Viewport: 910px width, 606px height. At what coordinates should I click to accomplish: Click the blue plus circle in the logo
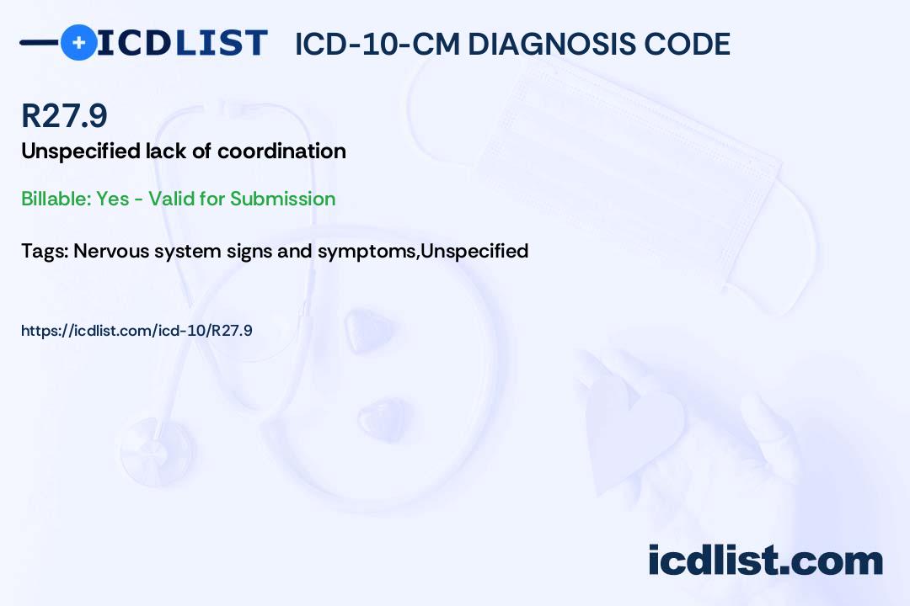(x=78, y=42)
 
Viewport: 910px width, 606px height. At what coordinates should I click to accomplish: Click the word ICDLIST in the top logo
(x=182, y=43)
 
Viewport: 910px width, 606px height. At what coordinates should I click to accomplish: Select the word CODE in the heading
(x=680, y=44)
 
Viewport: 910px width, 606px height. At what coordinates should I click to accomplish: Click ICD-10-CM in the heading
(x=377, y=44)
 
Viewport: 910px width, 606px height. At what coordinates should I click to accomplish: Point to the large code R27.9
(x=64, y=115)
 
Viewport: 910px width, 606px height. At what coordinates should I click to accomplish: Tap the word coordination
(x=281, y=151)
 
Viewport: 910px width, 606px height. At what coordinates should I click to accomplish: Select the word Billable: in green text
(x=56, y=199)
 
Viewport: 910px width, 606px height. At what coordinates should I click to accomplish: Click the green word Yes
(x=113, y=199)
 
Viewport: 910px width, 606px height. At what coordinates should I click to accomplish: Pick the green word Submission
(x=282, y=199)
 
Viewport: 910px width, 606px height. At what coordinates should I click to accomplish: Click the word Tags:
(x=45, y=252)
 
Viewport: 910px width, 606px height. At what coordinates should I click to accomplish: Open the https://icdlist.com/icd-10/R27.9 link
(x=137, y=331)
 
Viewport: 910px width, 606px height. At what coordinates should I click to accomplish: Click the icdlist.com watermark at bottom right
(x=765, y=561)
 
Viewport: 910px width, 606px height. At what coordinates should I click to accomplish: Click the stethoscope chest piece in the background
(x=157, y=449)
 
